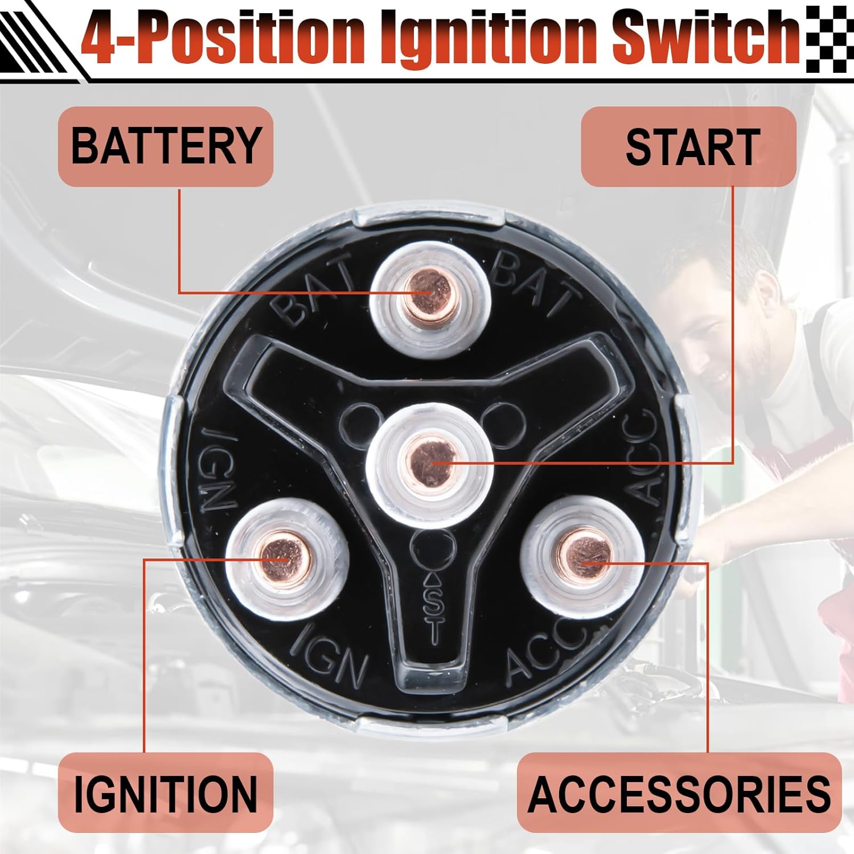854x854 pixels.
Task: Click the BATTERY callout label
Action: point(166,146)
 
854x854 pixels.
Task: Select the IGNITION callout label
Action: point(166,793)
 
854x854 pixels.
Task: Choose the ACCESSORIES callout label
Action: point(679,793)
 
